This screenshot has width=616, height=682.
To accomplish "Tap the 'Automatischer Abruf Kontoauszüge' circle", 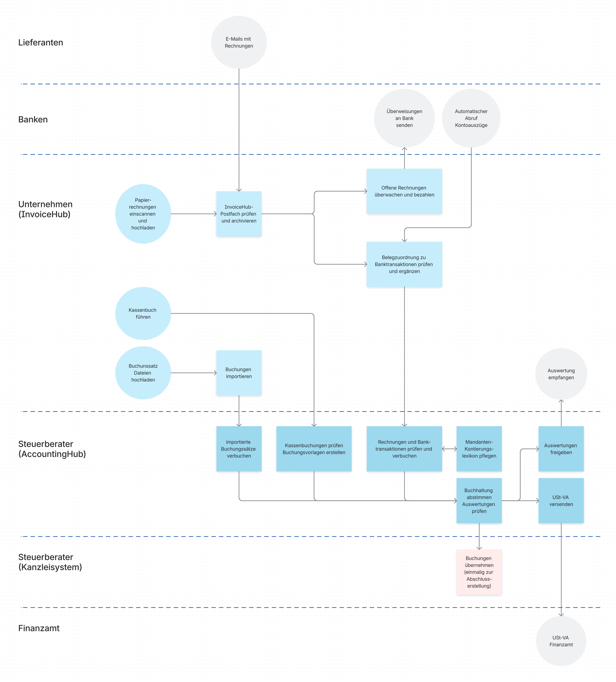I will click(471, 118).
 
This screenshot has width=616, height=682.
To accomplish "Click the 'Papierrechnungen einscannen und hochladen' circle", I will click(143, 214).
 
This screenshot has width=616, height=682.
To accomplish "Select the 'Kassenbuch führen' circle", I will click(143, 313).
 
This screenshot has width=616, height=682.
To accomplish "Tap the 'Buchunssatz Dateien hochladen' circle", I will click(143, 373).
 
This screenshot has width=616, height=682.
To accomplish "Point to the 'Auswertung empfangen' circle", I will click(561, 374).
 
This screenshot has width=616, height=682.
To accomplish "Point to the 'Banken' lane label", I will click(33, 119).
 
